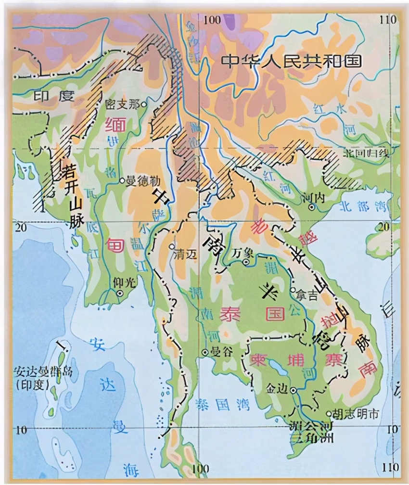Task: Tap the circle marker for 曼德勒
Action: (x=122, y=181)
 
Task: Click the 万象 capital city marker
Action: (x=246, y=262)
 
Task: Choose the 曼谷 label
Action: (x=222, y=352)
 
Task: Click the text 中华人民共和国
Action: (x=291, y=61)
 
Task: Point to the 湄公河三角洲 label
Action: (x=313, y=432)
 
